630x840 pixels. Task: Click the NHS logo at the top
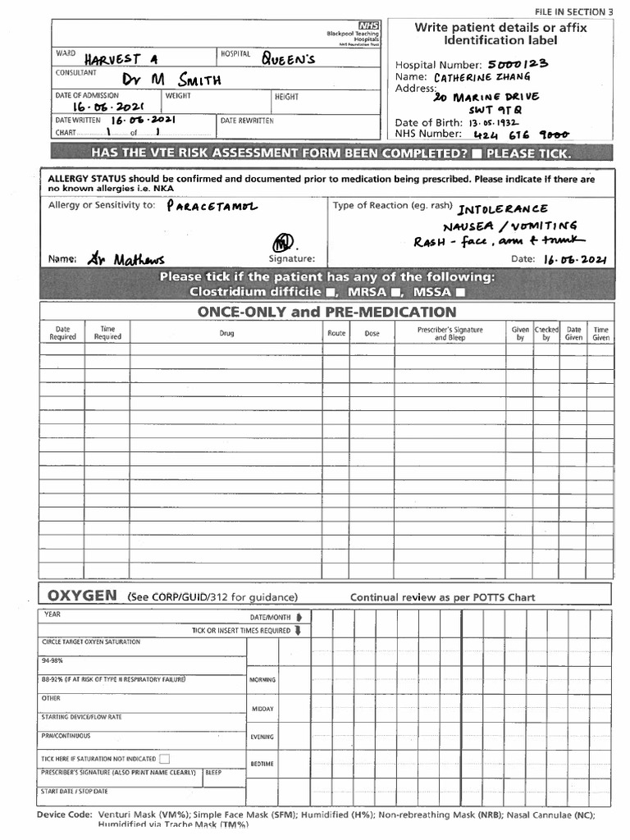click(367, 26)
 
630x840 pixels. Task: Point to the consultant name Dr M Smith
click(171, 79)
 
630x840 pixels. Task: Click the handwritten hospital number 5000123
click(518, 63)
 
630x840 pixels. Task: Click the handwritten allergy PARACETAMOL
click(211, 207)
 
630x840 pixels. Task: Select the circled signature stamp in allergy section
click(283, 244)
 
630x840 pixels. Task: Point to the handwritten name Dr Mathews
click(126, 259)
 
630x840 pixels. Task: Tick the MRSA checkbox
click(395, 292)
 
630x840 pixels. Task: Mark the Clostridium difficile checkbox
click(328, 292)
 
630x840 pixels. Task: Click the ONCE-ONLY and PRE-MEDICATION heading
click(326, 312)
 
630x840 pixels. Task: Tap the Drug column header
click(226, 334)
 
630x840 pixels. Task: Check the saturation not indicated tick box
click(165, 759)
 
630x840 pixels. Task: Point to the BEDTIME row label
click(262, 764)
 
